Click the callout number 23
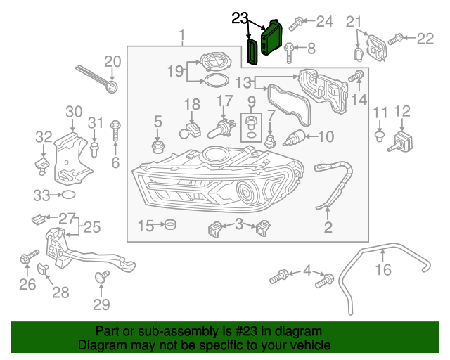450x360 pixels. (x=240, y=18)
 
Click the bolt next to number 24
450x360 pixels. (x=297, y=22)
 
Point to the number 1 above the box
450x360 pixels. (x=182, y=34)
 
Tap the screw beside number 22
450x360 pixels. (x=397, y=38)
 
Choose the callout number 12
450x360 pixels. (x=402, y=111)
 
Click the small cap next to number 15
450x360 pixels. (x=169, y=226)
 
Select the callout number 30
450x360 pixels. (x=74, y=111)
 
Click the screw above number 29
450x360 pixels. (x=101, y=277)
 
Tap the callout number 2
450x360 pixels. (x=328, y=226)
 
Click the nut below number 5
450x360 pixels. (x=158, y=147)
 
